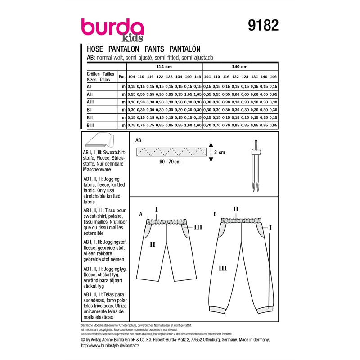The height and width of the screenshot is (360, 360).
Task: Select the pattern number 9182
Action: click(263, 25)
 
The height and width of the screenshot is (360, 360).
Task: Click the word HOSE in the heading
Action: click(95, 49)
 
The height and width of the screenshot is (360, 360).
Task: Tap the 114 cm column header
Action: click(164, 67)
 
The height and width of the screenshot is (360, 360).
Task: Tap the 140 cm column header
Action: click(240, 67)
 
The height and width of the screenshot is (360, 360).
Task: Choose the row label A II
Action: click(90, 94)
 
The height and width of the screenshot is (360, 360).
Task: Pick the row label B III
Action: click(90, 126)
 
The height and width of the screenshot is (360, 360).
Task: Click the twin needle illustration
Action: click(256, 166)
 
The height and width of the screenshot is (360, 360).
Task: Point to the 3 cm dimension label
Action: click(220, 153)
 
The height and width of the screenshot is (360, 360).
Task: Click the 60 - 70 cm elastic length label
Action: click(170, 162)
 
